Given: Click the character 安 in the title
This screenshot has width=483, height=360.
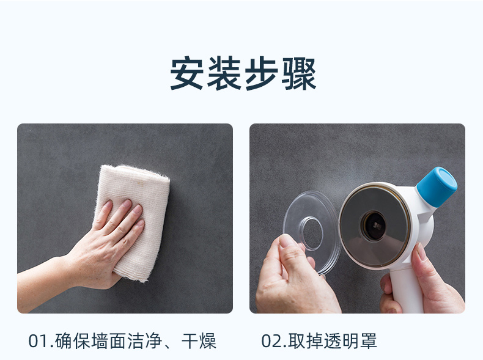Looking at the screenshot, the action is click(186, 73).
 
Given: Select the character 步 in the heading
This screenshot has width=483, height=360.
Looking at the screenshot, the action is click(262, 73).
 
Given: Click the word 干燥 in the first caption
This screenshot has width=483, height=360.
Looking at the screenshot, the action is click(199, 341).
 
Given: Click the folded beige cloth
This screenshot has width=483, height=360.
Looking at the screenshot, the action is click(138, 216).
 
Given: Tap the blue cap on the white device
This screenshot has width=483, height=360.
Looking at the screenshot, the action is click(437, 186).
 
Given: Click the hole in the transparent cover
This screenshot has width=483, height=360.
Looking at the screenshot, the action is click(312, 233).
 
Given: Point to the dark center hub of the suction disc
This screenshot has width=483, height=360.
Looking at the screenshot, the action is click(374, 226).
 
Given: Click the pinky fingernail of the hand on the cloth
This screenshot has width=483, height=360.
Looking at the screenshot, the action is click(141, 222).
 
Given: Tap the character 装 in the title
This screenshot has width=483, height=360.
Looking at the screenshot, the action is click(224, 73).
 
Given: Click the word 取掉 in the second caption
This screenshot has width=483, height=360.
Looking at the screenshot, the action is click(306, 341).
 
